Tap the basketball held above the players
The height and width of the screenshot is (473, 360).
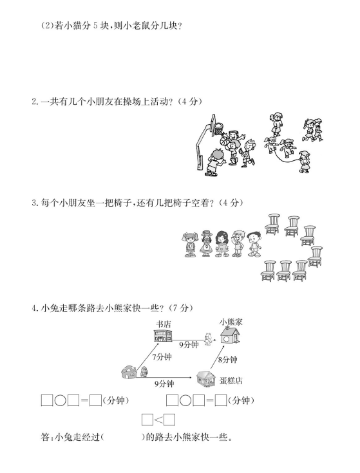pyautogui.click(x=224, y=141)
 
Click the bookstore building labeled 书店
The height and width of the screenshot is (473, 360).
pyautogui.click(x=163, y=335)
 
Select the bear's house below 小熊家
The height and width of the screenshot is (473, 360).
pyautogui.click(x=230, y=335)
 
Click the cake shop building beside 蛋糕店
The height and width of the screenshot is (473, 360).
pyautogui.click(x=206, y=378)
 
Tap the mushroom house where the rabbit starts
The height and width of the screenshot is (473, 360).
pyautogui.click(x=129, y=372)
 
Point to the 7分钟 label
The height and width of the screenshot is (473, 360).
pyautogui.click(x=162, y=357)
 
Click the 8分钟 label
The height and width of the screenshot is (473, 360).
pyautogui.click(x=228, y=360)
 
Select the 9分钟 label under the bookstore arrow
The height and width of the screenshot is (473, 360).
pyautogui.click(x=189, y=344)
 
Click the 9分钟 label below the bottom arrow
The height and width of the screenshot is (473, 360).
pyautogui.click(x=164, y=384)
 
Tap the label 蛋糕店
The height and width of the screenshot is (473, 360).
pyautogui.click(x=231, y=381)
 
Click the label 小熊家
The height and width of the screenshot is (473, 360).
pyautogui.click(x=231, y=322)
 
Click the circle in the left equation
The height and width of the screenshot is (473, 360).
pyautogui.click(x=60, y=400)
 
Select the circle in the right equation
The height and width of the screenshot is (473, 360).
pyautogui.click(x=185, y=400)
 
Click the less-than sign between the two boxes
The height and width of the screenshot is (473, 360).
pyautogui.click(x=158, y=420)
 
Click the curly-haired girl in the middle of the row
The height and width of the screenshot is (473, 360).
pyautogui.click(x=222, y=244)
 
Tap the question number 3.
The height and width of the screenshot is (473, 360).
pyautogui.click(x=34, y=203)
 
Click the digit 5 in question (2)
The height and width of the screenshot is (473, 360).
pyautogui.click(x=95, y=26)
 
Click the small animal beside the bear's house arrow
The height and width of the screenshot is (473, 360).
pyautogui.click(x=207, y=339)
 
